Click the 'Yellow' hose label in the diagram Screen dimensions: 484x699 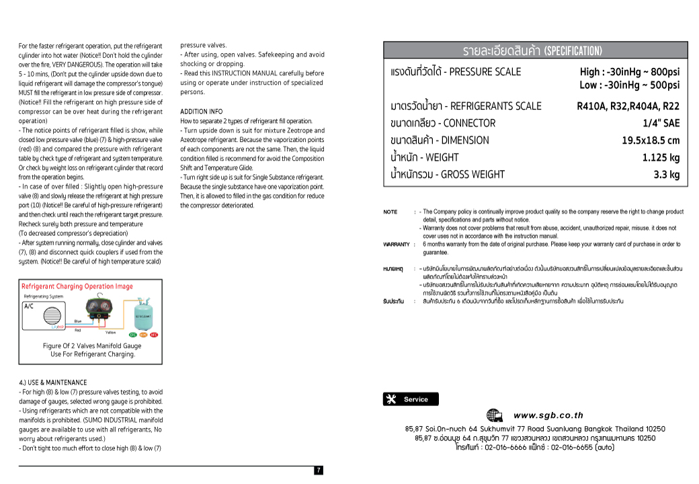[110, 333]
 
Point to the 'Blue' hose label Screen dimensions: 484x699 [78, 321]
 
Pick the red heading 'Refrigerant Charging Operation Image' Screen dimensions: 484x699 [77, 286]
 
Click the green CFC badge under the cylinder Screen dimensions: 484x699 [133, 335]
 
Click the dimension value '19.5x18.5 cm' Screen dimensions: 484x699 [650, 140]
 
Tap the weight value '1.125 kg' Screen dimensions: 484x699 [661, 157]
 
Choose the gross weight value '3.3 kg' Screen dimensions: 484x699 [667, 175]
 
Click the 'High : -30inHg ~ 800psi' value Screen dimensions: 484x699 [629, 72]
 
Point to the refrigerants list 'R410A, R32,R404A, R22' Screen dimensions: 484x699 [628, 106]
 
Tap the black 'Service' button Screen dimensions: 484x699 [410, 399]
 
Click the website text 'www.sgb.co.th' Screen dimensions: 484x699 [548, 415]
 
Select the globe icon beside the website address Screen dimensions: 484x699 [494, 415]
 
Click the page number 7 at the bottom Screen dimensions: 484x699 [319, 471]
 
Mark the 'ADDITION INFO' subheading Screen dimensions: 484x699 [202, 112]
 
